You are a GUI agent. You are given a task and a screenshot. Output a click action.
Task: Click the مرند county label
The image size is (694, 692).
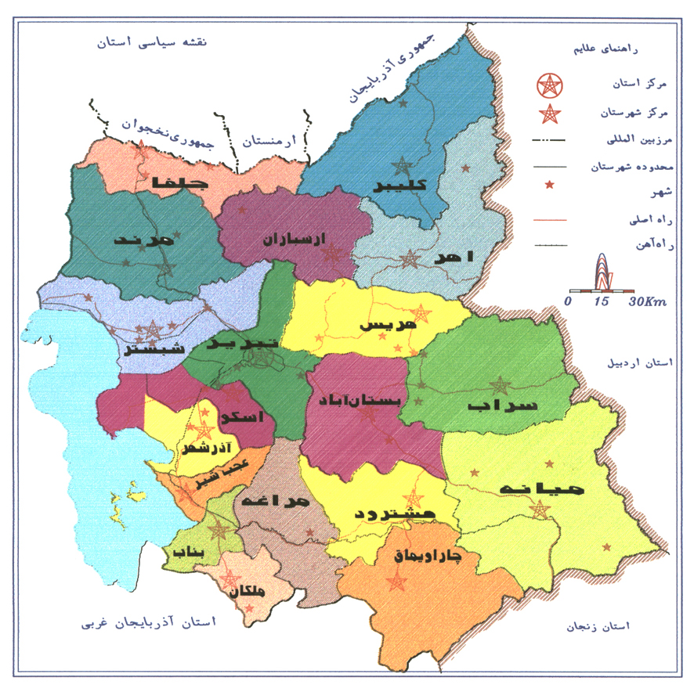tap(143, 240)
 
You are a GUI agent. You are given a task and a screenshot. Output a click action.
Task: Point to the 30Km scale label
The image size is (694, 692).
tap(645, 301)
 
